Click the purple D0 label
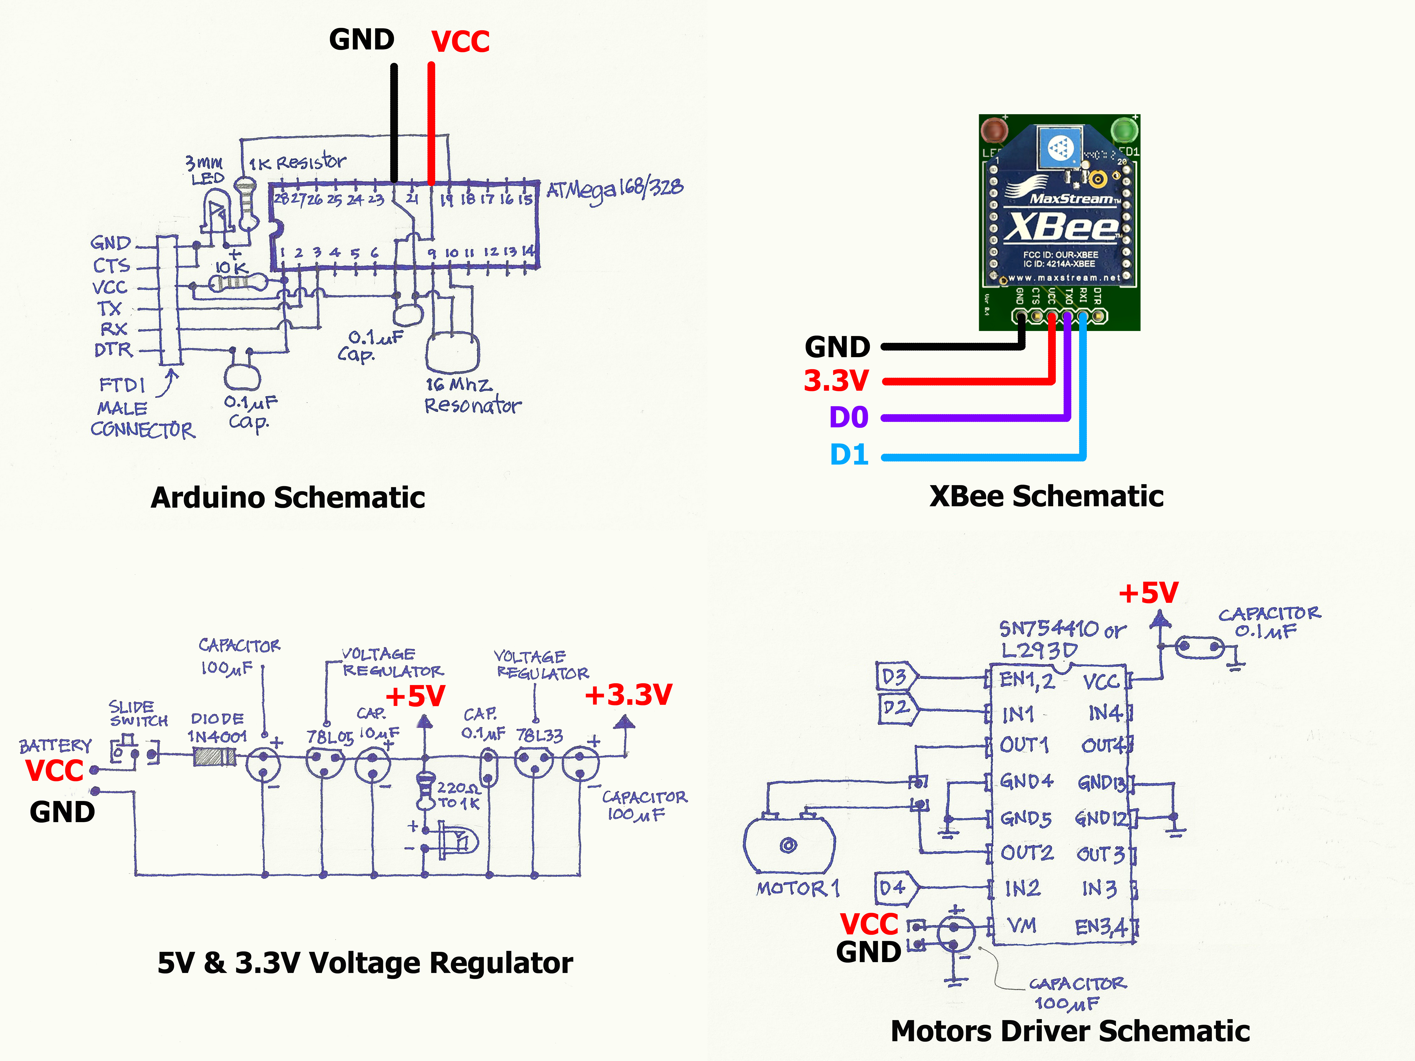848,418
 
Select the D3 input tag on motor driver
895,677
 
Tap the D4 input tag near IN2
894,888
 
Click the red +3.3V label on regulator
628,695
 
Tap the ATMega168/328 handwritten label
614,189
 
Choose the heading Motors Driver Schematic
1070,1031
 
